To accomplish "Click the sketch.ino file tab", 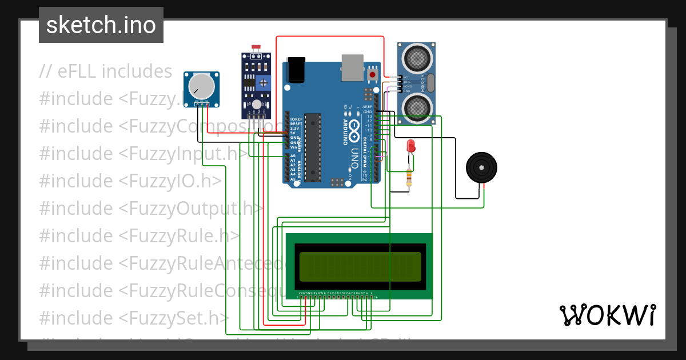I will tap(101, 25).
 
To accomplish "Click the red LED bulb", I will tap(410, 146).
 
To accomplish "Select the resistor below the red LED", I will tap(408, 178).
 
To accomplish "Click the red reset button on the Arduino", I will tap(373, 74).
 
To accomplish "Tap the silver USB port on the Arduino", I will tap(352, 67).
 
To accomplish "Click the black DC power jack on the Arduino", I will tap(297, 70).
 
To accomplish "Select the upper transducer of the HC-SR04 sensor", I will tap(416, 57).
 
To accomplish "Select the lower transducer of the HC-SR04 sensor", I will tap(416, 107).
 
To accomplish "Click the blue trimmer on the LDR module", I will tap(263, 82).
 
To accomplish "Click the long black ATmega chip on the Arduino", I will tap(312, 147).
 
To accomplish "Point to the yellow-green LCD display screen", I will tap(360, 266).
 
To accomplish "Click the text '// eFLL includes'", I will tap(106, 71).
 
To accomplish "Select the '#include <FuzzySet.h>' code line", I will tap(134, 317).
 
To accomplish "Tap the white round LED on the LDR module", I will tap(257, 104).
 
